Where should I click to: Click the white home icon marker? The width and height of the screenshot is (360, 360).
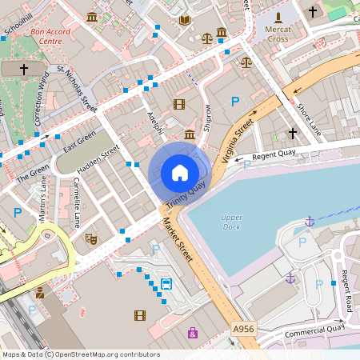[x=180, y=172]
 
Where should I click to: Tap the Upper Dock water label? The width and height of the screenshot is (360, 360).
[x=231, y=222]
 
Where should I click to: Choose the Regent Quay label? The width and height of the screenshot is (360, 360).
[x=274, y=156]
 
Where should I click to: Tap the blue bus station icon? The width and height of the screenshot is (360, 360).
[x=166, y=284]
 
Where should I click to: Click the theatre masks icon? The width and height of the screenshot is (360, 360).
[x=91, y=238]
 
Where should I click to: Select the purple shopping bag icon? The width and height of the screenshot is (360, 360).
[x=192, y=332]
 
